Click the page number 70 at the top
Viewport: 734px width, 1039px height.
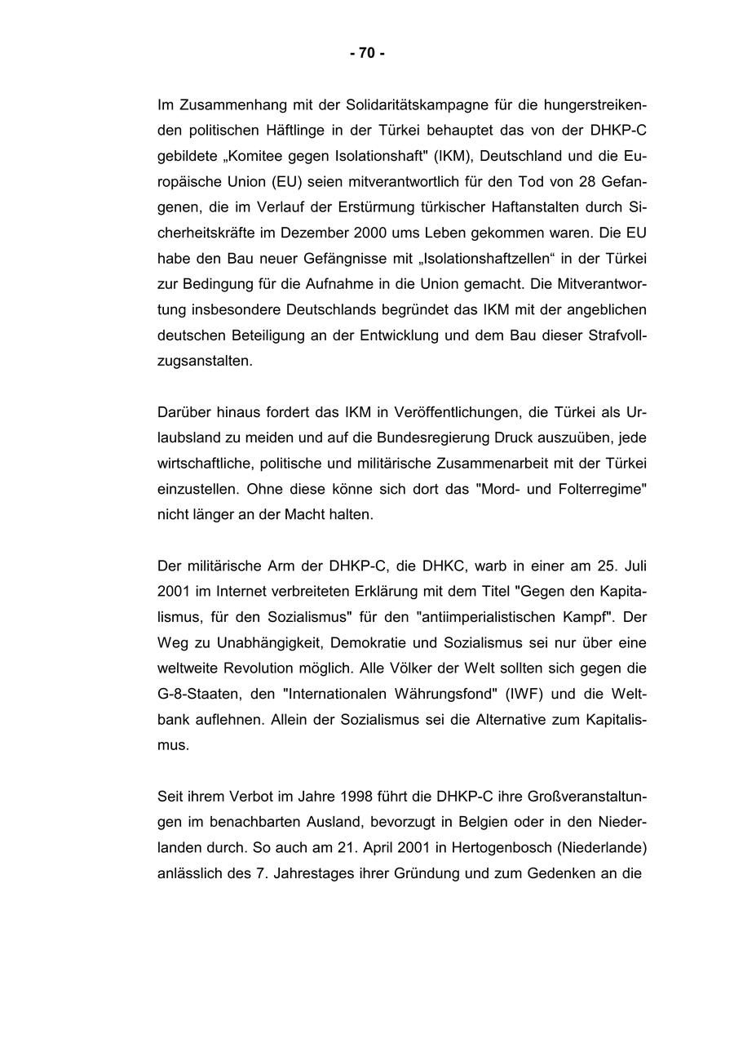click(367, 53)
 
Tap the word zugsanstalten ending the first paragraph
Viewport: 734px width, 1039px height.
click(205, 360)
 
